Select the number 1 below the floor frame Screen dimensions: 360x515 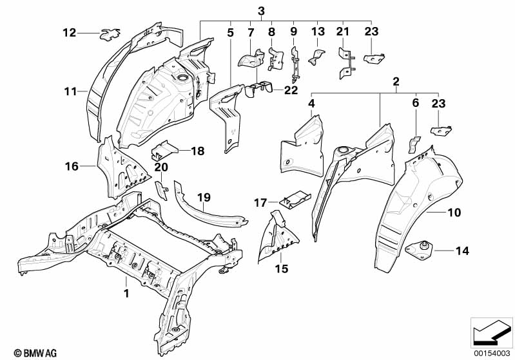pyautogui.click(x=126, y=294)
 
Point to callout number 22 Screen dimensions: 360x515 pyautogui.click(x=291, y=90)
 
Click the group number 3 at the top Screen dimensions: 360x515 pyautogui.click(x=261, y=10)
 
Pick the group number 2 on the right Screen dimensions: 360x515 pyautogui.click(x=396, y=82)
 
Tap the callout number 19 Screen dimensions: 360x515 pyautogui.click(x=204, y=198)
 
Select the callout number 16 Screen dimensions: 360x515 pyautogui.click(x=71, y=166)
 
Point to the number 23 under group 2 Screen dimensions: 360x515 pyautogui.click(x=438, y=102)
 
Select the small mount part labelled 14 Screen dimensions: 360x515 pyautogui.click(x=422, y=248)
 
